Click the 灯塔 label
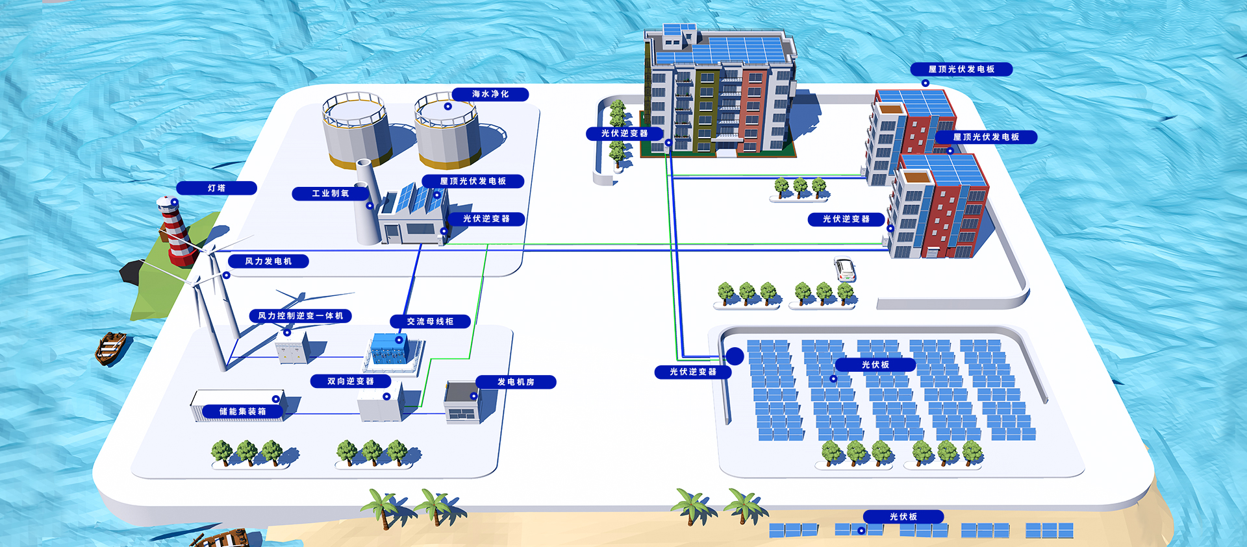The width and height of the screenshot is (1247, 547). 216,188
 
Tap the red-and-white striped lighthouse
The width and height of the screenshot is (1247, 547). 176,230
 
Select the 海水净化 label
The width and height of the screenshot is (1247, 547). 490,94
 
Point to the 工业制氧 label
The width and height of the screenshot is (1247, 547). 331,193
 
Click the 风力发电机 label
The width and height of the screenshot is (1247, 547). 268,261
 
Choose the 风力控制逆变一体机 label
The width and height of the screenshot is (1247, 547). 301,316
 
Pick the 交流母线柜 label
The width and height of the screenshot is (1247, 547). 430,321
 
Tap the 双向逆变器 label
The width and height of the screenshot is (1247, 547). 351,381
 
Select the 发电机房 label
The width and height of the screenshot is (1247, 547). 516,382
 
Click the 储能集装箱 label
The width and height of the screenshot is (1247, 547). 242,411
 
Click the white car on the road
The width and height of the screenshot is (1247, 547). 844,269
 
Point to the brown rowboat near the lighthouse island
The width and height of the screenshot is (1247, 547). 111,348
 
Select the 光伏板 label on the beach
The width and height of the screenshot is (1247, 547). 903,517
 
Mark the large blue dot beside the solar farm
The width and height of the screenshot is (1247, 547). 735,356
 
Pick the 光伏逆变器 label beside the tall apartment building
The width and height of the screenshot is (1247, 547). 624,133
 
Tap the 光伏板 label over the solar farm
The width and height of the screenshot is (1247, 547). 875,365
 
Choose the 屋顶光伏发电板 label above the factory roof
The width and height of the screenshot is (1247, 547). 473,181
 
